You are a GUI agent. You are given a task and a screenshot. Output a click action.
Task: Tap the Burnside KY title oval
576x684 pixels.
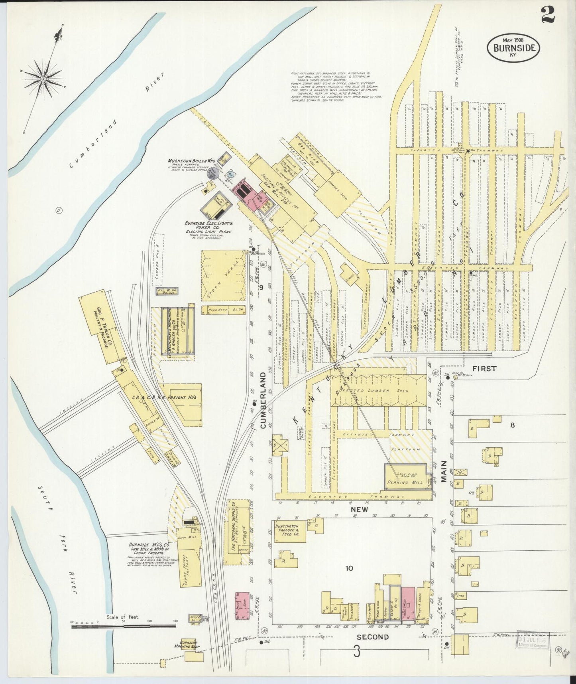513,47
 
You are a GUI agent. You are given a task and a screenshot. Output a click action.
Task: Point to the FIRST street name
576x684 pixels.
485,368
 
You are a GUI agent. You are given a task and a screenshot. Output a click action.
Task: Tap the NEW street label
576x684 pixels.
359,510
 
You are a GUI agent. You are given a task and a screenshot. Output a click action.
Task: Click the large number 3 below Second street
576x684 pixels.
357,652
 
